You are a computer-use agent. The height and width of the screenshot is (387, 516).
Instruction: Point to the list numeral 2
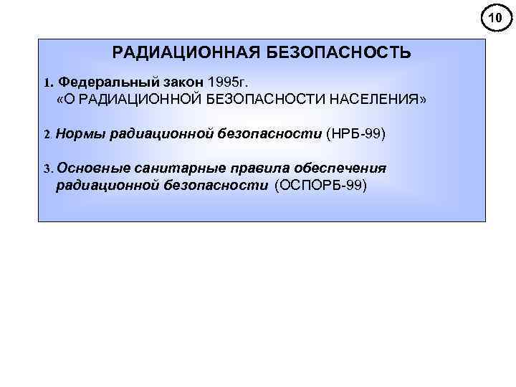coord(47,134)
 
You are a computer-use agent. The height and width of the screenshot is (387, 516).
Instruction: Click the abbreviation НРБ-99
coord(355,133)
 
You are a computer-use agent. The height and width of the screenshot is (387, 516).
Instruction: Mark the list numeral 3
coord(47,169)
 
